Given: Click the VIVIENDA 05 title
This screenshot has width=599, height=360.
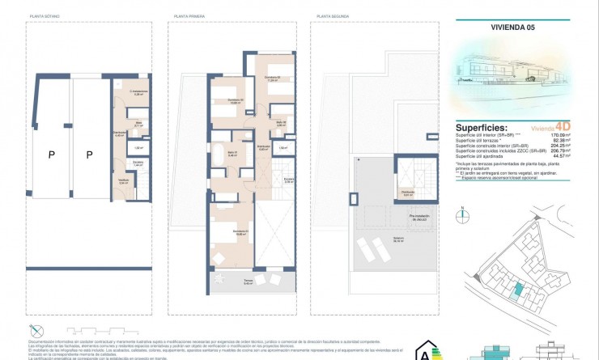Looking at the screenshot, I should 513,26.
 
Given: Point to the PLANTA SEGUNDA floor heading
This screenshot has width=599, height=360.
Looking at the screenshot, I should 332,16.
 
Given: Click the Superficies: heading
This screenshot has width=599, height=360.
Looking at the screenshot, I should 487,127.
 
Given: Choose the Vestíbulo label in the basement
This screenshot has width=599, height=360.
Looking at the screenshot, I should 122,181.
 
